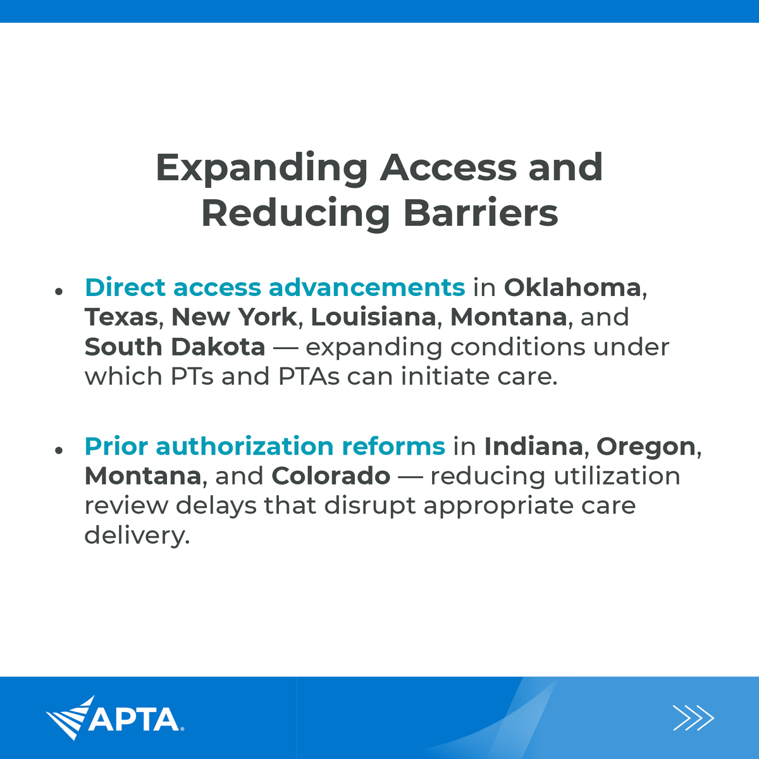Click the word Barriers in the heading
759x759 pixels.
click(481, 213)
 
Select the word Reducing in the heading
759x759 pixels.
click(295, 213)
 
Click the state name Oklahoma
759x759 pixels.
click(572, 287)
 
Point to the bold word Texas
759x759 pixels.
click(121, 317)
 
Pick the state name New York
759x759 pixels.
click(234, 317)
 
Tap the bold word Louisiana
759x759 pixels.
click(373, 317)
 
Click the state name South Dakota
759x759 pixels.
click(175, 347)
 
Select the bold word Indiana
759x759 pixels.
click(533, 446)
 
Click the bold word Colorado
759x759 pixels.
click(331, 476)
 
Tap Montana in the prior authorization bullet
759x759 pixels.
click(143, 476)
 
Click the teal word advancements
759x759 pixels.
click(367, 287)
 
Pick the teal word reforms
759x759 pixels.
click(393, 446)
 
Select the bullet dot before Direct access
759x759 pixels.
click(59, 291)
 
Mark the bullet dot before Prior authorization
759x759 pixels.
click(59, 450)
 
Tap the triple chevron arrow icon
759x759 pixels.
click(693, 718)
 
